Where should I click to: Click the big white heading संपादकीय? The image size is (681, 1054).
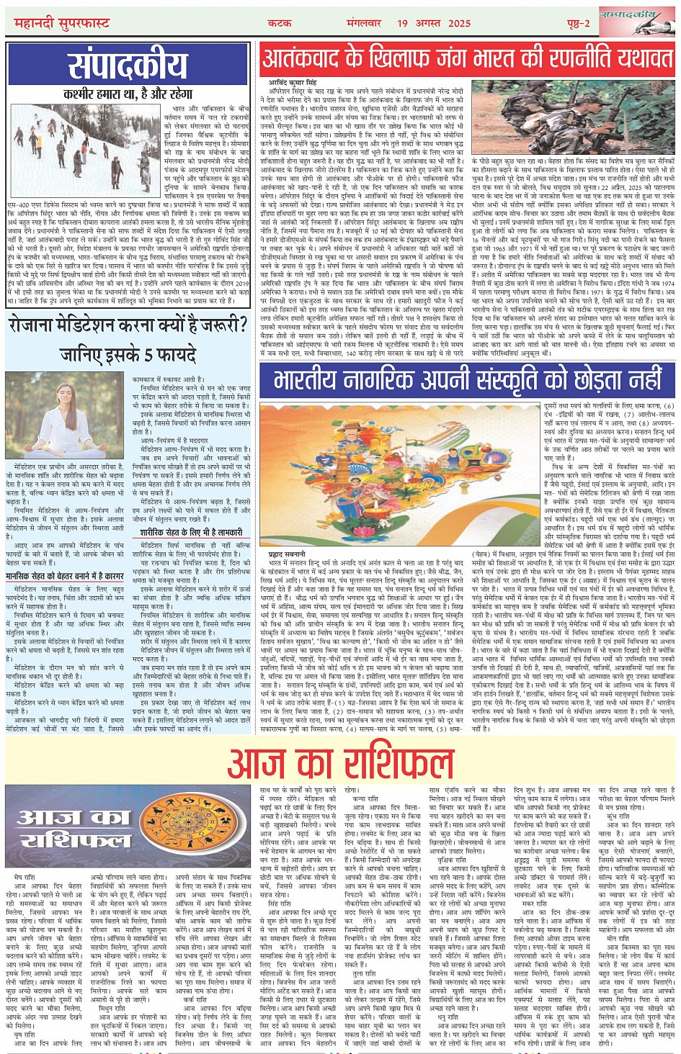click(128, 67)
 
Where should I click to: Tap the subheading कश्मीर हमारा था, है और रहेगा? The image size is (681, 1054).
click(128, 94)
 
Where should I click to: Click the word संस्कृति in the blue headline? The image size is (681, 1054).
click(534, 378)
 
